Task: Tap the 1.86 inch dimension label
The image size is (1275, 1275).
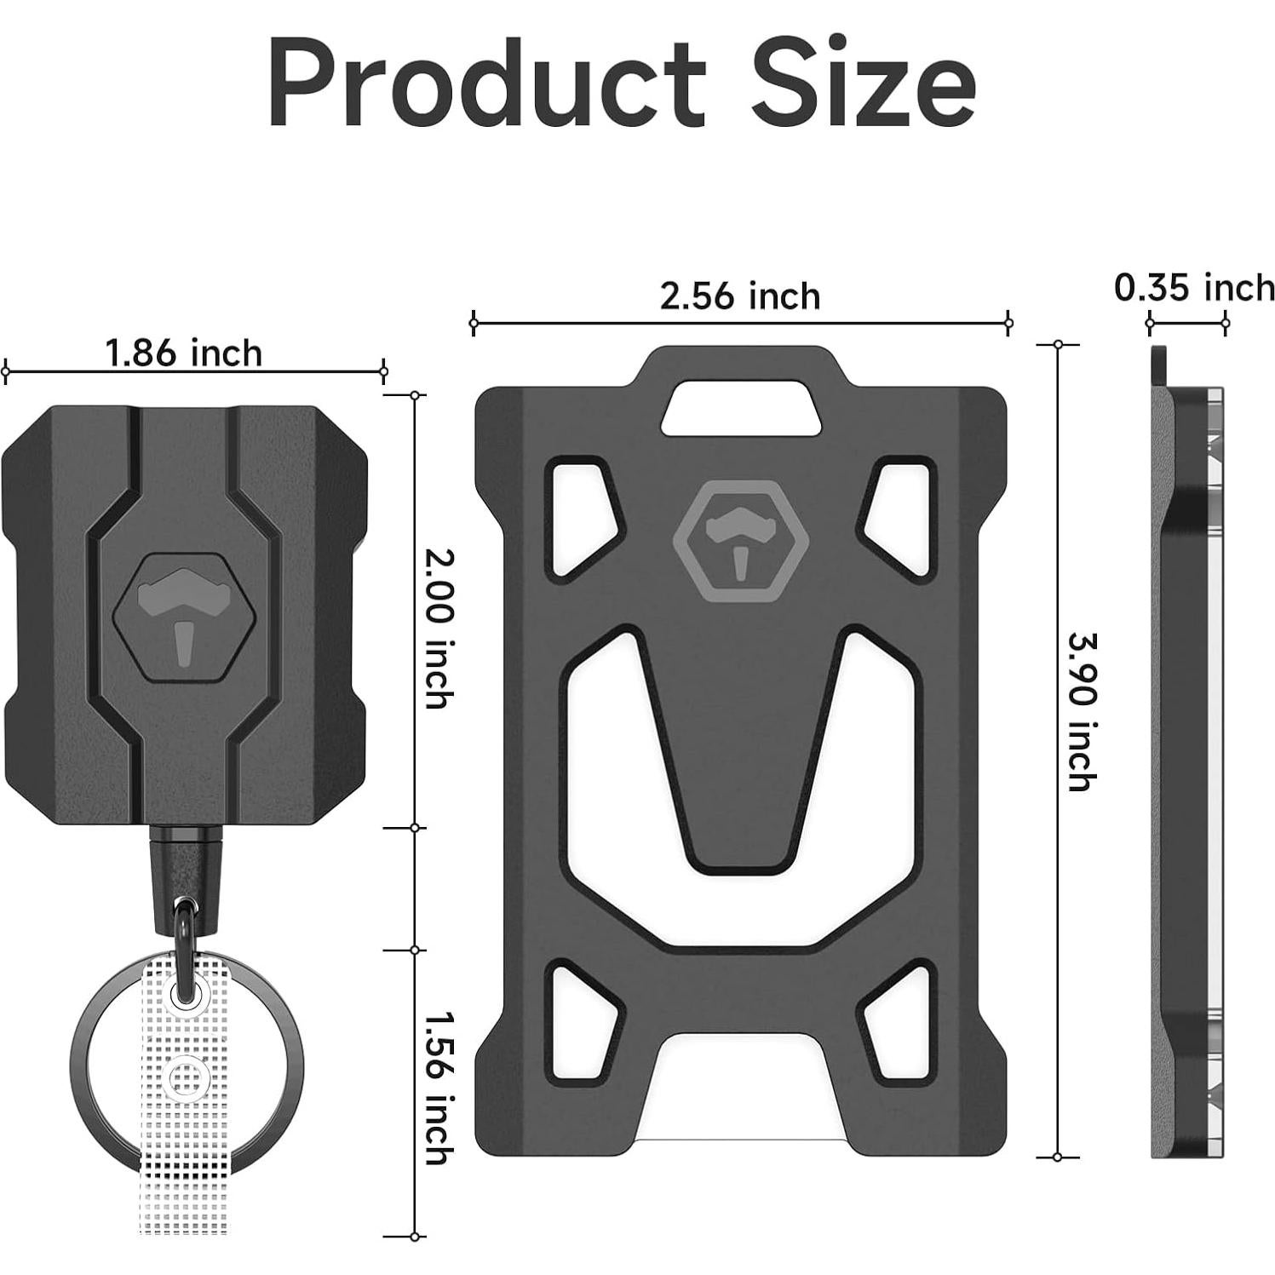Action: [x=183, y=353]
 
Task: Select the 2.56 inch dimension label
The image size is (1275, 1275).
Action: [x=739, y=296]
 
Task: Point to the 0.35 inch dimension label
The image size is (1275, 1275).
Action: [x=1193, y=288]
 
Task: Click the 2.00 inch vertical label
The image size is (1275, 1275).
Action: [x=439, y=629]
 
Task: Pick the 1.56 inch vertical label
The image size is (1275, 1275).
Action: [x=438, y=1088]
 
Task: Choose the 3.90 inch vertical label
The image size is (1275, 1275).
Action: [x=1083, y=711]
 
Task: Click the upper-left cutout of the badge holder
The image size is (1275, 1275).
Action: [x=584, y=516]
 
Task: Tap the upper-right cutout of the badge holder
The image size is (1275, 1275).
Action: [x=899, y=516]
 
